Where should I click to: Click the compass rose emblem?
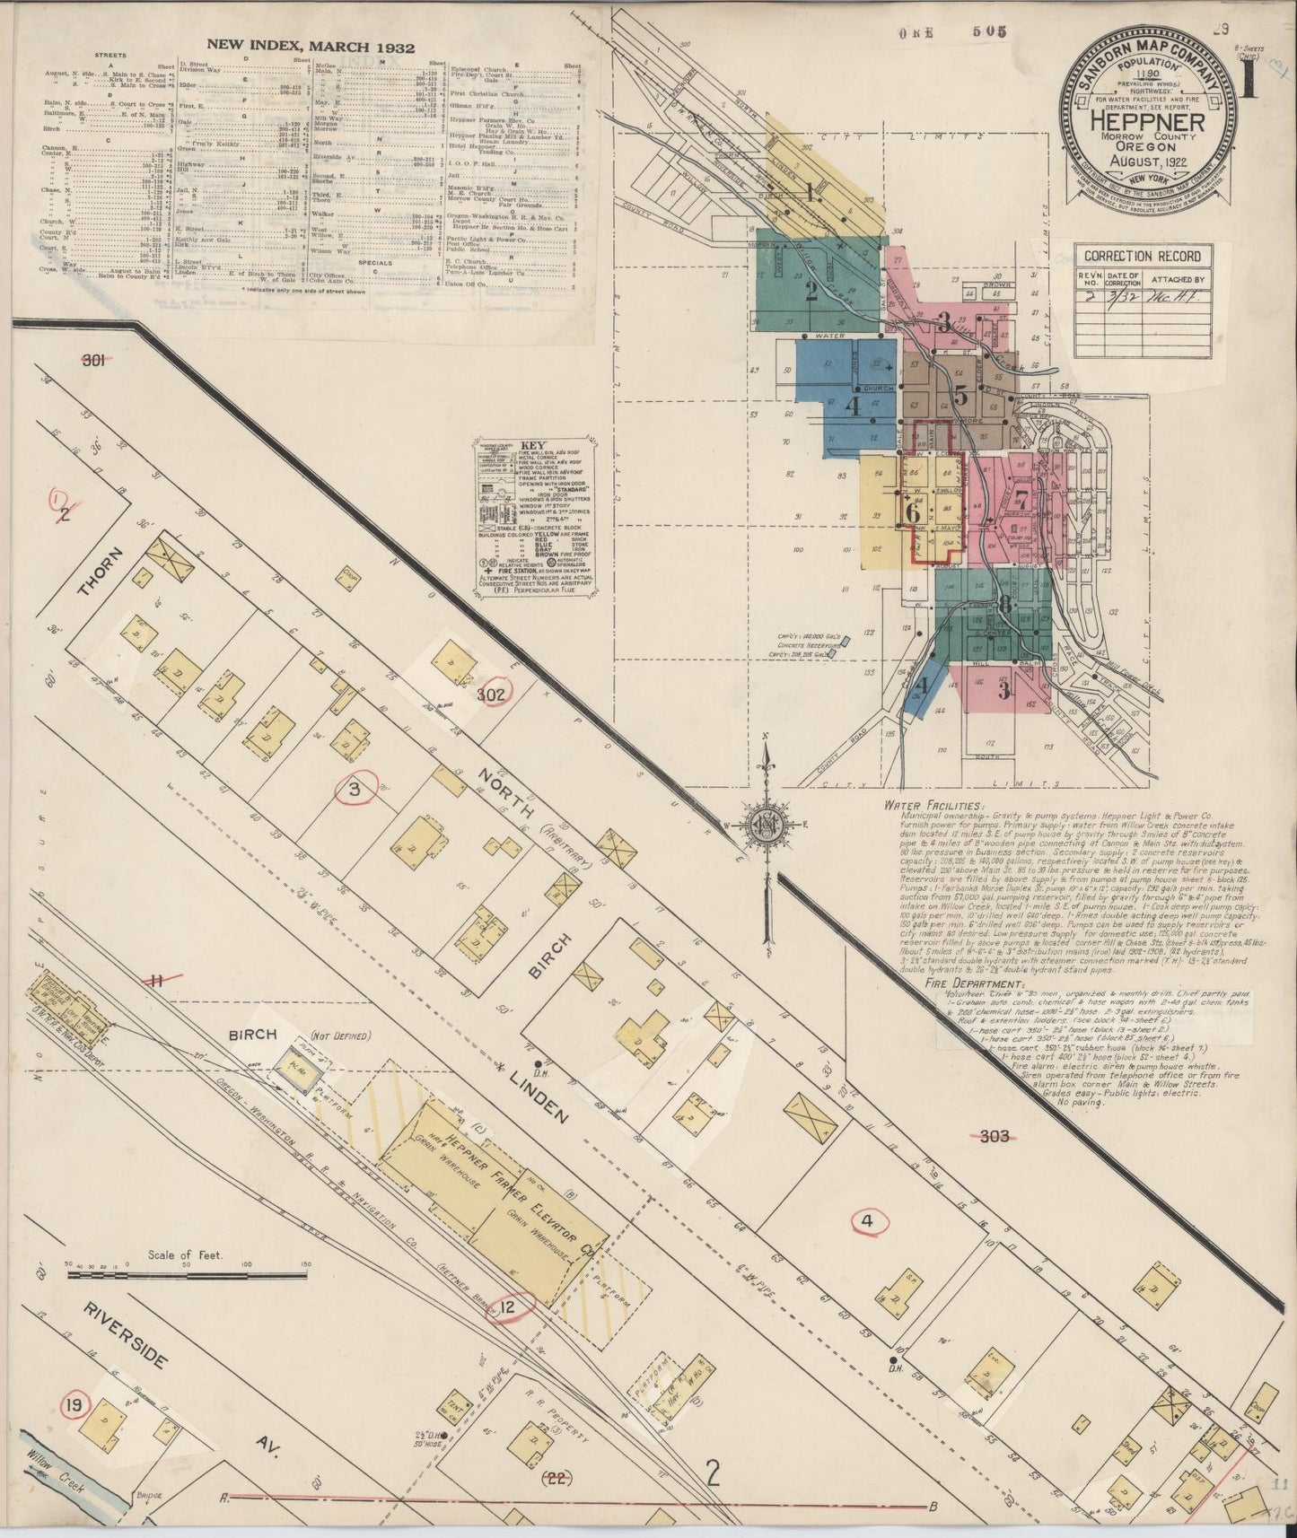766,822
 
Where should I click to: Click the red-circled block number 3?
354,790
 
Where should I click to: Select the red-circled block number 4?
866,1220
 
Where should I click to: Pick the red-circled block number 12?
508,1307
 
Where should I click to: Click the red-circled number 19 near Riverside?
72,1404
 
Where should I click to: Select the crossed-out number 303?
995,1137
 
